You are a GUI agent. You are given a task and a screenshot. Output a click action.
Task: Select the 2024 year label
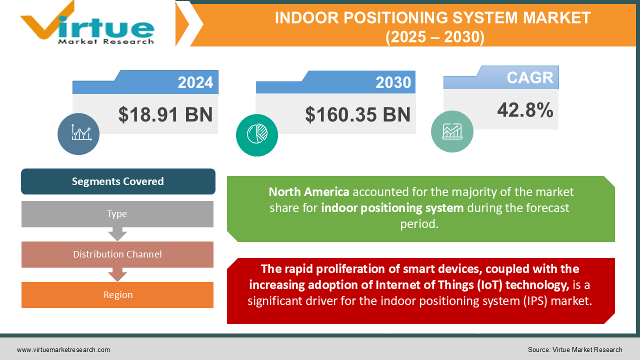195,82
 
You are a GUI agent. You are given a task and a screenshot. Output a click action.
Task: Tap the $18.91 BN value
165,114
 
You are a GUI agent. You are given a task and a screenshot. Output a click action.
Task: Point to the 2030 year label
393,82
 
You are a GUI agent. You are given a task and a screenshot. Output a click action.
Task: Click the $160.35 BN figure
357,114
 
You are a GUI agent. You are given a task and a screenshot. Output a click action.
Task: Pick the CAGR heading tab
529,78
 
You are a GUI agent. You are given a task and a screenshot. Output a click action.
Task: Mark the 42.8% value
525,110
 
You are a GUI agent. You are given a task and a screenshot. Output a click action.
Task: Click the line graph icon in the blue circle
78,133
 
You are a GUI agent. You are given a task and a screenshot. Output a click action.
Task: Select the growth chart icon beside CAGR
452,131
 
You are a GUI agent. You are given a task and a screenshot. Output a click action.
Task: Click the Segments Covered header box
118,181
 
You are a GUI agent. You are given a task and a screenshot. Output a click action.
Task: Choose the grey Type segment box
117,214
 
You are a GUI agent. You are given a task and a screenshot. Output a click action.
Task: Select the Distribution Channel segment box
117,254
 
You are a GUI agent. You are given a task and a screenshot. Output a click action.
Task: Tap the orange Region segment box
117,295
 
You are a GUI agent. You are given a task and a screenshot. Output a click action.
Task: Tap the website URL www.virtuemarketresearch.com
63,350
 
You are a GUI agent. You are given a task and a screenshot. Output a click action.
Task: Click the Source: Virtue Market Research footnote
575,350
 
